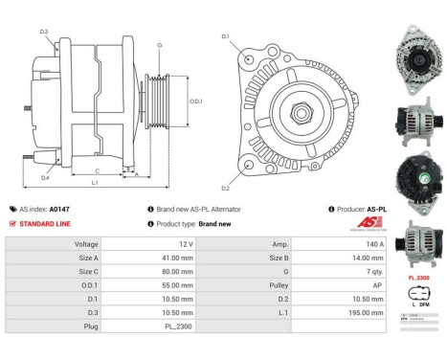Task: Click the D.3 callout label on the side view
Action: [44, 33]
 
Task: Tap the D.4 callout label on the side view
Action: [45, 178]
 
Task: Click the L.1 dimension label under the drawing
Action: [93, 183]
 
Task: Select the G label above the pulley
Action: [159, 44]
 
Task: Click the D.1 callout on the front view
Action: [226, 36]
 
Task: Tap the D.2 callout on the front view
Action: [226, 188]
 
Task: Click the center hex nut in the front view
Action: [296, 113]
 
